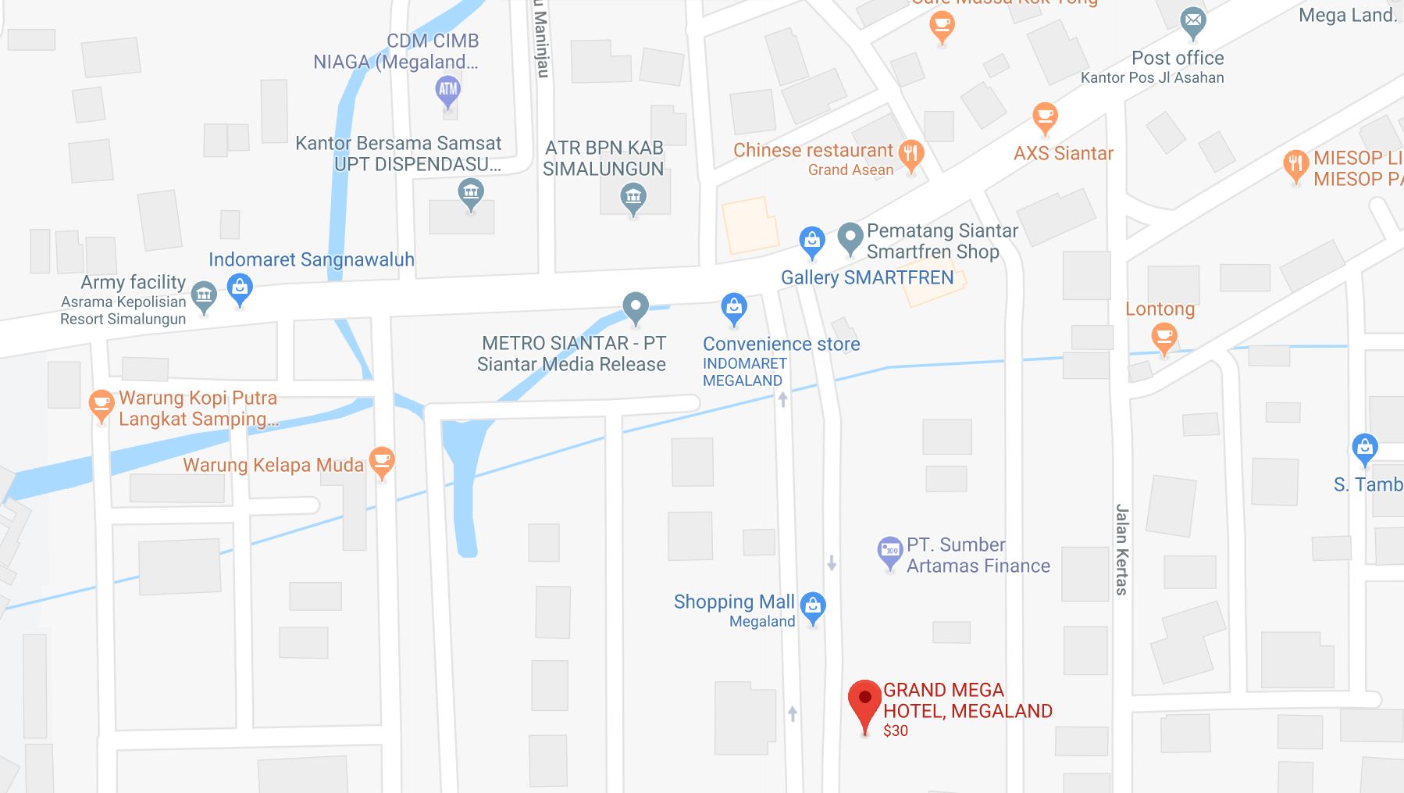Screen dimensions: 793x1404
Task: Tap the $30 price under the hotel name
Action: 896,731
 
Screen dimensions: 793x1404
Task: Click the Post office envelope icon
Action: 1192,21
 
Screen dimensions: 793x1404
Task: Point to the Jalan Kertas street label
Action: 1122,549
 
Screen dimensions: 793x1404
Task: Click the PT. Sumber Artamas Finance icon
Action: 889,551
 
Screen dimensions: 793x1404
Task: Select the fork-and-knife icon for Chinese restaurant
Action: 910,153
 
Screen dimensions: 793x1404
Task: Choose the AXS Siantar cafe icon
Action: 1044,118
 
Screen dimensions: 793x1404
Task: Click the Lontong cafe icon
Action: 1163,338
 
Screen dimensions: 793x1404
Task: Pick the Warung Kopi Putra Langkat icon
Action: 101,404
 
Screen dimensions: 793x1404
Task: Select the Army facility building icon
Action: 204,295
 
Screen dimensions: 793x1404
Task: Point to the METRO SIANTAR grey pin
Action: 636,306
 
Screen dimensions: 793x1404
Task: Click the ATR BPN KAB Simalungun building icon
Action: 633,196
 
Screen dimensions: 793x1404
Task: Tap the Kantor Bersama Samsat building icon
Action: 470,192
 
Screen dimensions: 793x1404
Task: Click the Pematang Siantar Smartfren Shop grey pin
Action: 850,237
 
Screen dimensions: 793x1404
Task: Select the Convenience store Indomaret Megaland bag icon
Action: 733,307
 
